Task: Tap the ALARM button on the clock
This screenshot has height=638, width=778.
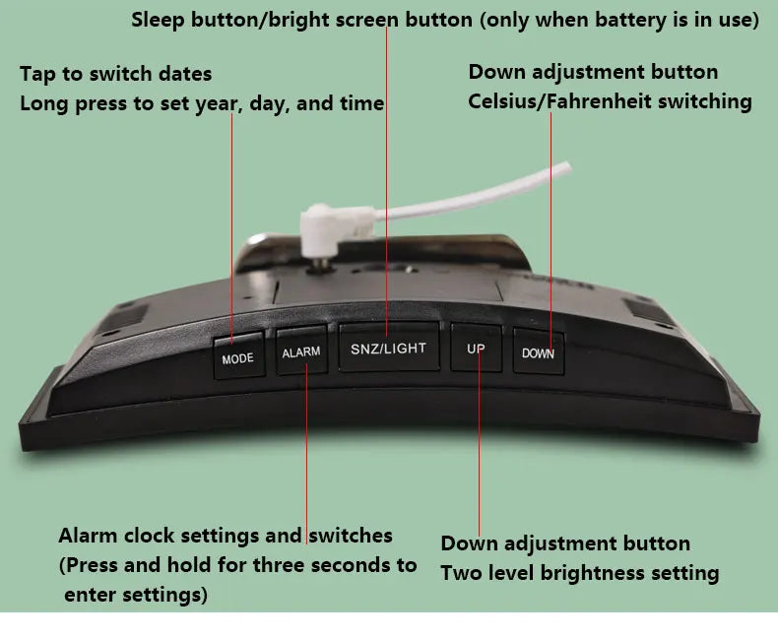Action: click(301, 351)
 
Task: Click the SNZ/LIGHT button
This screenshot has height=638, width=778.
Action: click(389, 348)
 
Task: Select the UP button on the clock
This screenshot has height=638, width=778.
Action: click(477, 349)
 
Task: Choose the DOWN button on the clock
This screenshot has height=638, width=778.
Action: click(539, 352)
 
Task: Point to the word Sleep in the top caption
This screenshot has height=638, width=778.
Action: click(159, 21)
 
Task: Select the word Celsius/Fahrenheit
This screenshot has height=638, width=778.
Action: click(559, 101)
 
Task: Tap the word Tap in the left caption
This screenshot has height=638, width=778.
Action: click(37, 75)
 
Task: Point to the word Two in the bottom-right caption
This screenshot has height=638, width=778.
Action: click(462, 573)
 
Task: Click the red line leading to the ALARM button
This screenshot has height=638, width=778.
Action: click(306, 454)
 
